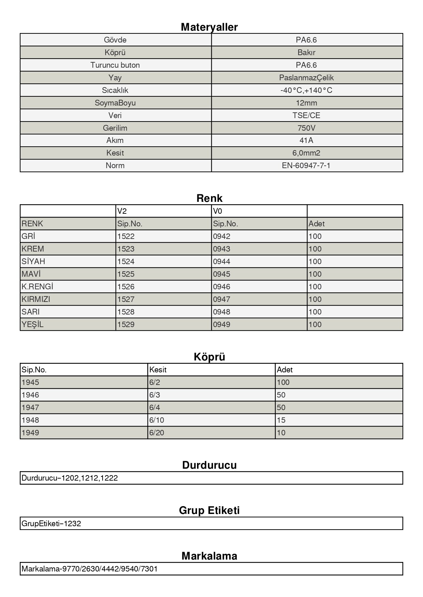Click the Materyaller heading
click(x=209, y=27)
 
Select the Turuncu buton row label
click(x=115, y=65)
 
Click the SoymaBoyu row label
click(x=115, y=103)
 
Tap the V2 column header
click(x=122, y=211)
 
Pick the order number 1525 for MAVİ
click(x=126, y=274)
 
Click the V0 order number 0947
click(x=222, y=299)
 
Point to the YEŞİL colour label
click(x=32, y=324)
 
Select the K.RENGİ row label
click(x=37, y=287)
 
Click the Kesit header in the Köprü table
click(x=158, y=370)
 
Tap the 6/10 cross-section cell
click(x=156, y=420)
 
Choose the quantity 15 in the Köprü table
click(x=281, y=420)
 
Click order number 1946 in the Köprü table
click(x=30, y=395)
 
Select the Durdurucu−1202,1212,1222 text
click(x=70, y=478)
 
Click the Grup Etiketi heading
click(x=209, y=511)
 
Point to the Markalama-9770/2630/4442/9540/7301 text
click(x=89, y=569)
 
